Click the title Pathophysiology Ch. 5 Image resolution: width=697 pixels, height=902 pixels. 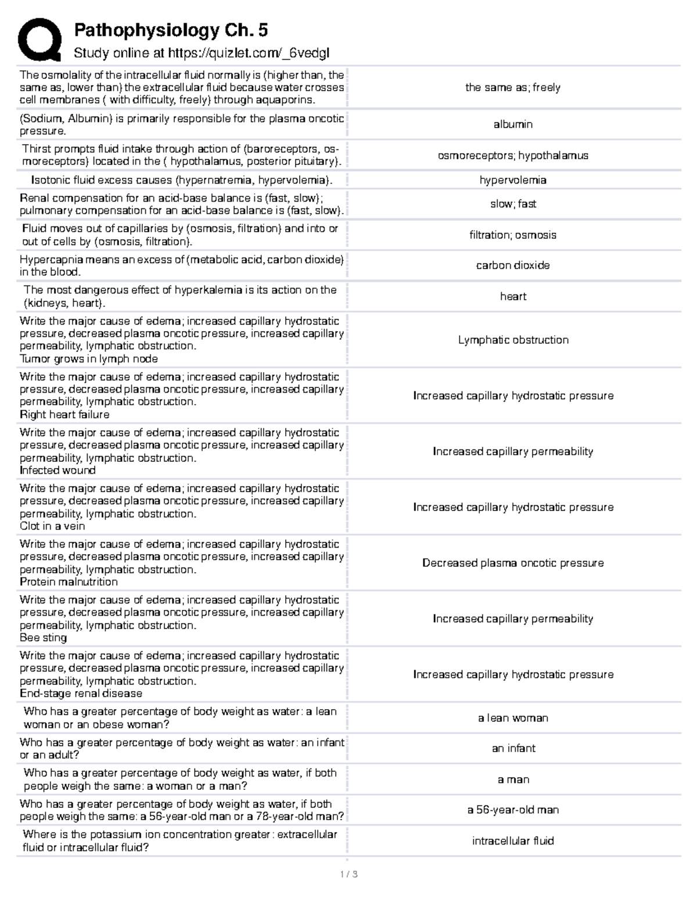point(171,30)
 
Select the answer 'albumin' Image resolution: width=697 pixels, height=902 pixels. point(513,124)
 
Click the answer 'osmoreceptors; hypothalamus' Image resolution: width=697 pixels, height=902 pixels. point(513,156)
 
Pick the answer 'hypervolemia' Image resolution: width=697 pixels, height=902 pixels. point(513,180)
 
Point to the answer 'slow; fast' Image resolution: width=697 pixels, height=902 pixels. point(513,204)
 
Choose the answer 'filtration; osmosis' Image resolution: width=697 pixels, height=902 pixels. point(513,235)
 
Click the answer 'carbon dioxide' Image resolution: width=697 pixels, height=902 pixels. point(513,265)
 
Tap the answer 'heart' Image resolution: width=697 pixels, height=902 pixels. point(513,296)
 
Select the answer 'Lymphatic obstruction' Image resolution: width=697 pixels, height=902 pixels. point(513,340)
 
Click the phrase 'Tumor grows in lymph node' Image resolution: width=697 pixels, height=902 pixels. point(89,359)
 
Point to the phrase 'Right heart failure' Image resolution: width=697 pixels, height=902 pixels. point(64,415)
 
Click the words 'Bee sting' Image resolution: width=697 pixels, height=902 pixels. point(44,638)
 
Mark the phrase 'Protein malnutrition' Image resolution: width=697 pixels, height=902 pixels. point(69,582)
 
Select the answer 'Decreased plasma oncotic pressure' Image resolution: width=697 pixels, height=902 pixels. point(513,563)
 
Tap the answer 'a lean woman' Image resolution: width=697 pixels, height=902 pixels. point(513,718)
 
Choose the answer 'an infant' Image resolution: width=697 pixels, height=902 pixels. point(513,749)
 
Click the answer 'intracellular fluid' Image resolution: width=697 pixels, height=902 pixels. point(513,841)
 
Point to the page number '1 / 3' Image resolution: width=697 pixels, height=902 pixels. point(348,874)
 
